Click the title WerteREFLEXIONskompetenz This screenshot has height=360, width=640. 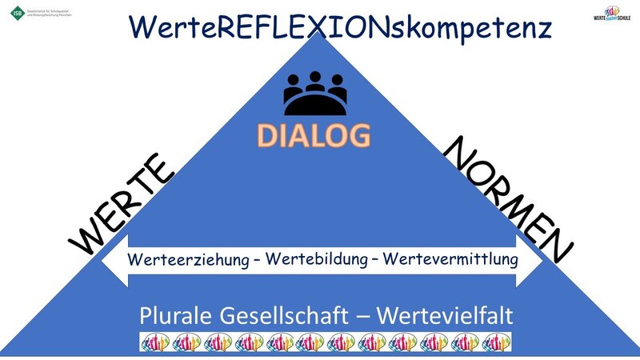tap(340, 26)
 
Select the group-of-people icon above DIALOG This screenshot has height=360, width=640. tap(315, 94)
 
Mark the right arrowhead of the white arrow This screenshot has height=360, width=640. tap(532, 261)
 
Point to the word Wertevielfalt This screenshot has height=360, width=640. tap(443, 314)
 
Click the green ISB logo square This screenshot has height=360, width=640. tap(17, 14)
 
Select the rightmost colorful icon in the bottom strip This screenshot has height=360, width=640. tap(496, 342)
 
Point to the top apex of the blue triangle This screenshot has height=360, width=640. tap(318, 36)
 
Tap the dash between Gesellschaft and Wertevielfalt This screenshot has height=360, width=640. tap(367, 314)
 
